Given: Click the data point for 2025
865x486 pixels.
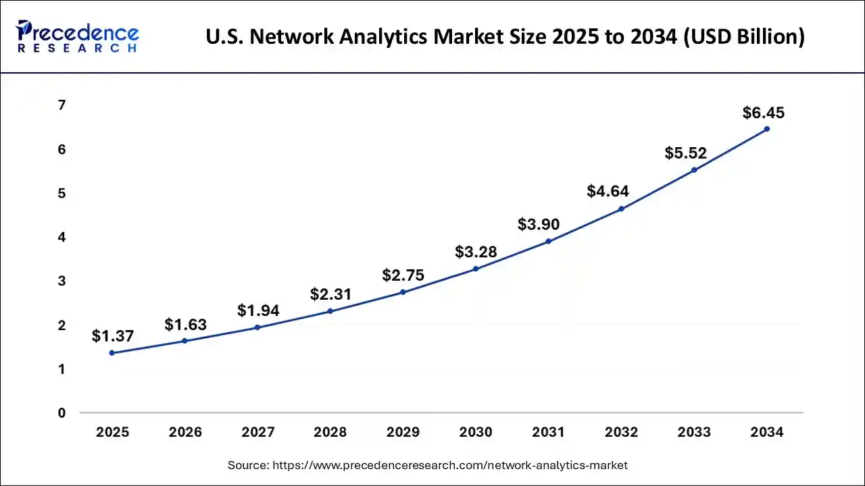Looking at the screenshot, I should coord(112,353).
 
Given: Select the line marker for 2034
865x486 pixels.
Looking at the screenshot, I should coord(766,129).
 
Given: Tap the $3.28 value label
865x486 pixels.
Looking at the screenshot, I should coord(476,252).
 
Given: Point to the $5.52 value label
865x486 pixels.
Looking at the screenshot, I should coord(685,153).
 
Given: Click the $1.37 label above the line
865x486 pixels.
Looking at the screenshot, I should coord(113,335).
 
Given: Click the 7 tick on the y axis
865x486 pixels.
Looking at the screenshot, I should coord(61,105).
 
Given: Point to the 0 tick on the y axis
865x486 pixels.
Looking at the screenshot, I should coord(61,413).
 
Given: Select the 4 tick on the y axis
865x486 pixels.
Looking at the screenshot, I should coord(61,237).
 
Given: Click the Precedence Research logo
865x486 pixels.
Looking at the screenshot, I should coord(77,36).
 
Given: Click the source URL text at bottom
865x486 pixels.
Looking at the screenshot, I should coord(427,465).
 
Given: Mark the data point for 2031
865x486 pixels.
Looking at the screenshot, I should coord(548,241).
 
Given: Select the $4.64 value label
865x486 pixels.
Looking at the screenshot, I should coord(608,191).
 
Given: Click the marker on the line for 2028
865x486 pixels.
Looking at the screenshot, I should coord(330,311).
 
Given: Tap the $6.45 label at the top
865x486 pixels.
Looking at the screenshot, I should coord(764,113).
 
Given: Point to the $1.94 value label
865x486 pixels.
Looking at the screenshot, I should coord(258,310).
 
